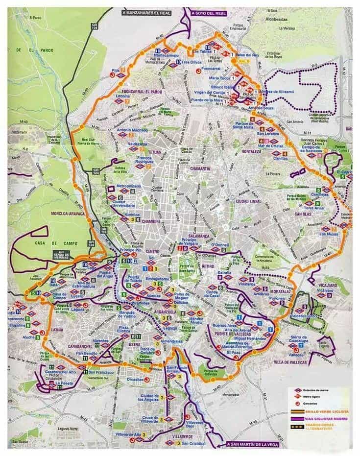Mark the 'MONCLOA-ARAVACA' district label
(68, 214)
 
